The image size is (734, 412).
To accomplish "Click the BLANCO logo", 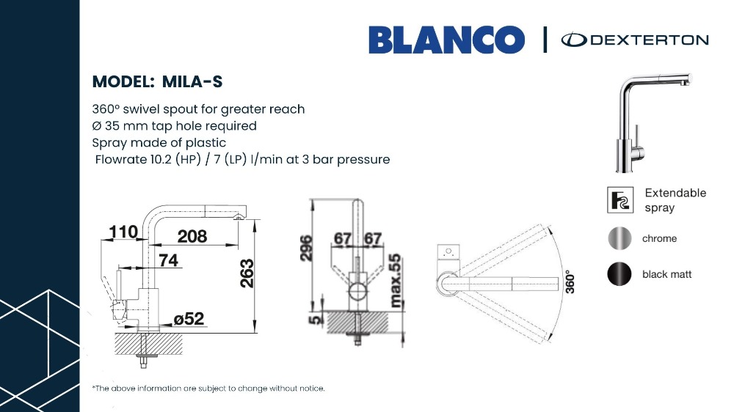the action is tap(446, 40).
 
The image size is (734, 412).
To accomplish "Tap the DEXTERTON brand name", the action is tap(650, 40).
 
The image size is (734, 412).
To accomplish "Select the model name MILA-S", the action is tap(192, 82).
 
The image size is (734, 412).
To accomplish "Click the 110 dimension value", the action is tap(123, 232).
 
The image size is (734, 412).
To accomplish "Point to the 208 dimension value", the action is tap(192, 236).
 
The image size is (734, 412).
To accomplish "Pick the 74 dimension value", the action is tap(169, 260).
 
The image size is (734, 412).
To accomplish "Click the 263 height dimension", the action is tap(246, 273).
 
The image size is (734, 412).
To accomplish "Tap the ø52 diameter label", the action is tap(189, 319).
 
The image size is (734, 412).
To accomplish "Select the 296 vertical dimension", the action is tap(305, 248).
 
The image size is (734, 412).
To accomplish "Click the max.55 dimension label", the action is tap(396, 281).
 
